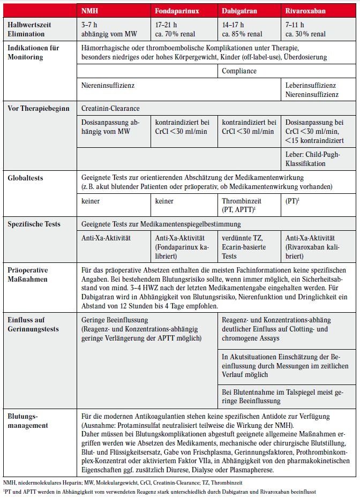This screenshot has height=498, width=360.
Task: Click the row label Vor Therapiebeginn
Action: click(39, 108)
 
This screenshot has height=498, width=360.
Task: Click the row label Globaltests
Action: click(26, 177)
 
